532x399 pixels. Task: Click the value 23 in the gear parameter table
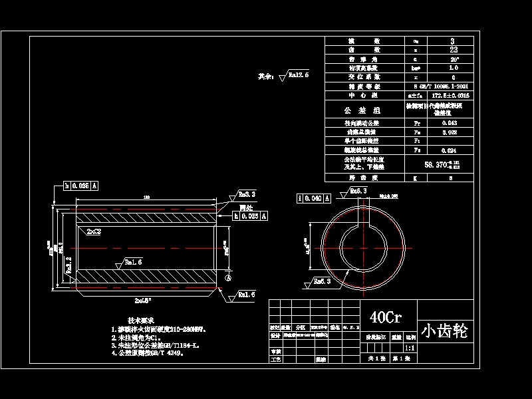453,50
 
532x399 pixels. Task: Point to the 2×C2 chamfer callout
94,231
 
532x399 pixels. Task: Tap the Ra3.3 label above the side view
247,194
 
